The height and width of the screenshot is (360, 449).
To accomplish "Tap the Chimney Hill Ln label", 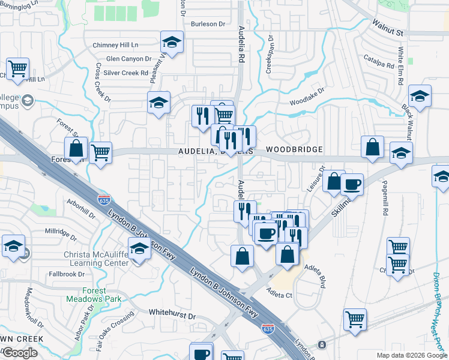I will tap(115, 45).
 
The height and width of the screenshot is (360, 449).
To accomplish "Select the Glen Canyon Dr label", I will tap(128, 59).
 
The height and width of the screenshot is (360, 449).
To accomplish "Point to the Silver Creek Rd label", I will tap(125, 73).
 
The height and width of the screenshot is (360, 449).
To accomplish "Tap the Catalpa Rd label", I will tap(379, 61).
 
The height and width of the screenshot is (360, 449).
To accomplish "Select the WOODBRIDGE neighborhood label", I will tap(294, 149).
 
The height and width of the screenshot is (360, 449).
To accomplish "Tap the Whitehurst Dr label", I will tap(172, 315).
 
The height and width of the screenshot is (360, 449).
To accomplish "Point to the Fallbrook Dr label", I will tap(67, 274).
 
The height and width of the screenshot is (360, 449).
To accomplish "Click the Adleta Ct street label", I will tap(279, 295).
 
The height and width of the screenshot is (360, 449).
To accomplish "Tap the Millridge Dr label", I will tap(61, 231).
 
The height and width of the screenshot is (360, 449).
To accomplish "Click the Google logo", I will tap(20, 353).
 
